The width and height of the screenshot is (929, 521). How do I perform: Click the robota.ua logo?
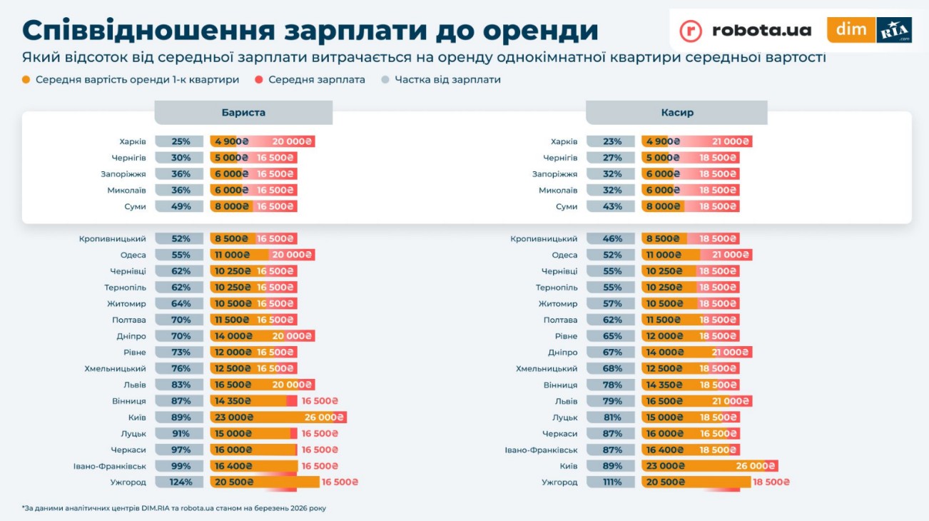click(x=746, y=30)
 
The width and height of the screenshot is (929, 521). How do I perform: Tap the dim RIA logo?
click(x=869, y=30)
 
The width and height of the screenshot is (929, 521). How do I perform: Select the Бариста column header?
click(x=243, y=113)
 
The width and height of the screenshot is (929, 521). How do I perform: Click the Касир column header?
click(x=676, y=113)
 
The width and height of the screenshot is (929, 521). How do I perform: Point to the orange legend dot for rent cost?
click(x=26, y=80)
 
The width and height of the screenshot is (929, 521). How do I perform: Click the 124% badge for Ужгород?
click(x=181, y=482)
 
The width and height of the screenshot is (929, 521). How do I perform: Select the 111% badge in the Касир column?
click(x=611, y=482)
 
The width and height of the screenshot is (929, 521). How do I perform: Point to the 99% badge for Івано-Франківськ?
click(x=181, y=466)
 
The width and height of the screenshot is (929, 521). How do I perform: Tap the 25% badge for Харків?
click(x=181, y=142)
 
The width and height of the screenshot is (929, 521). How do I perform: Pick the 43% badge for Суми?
click(x=611, y=207)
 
